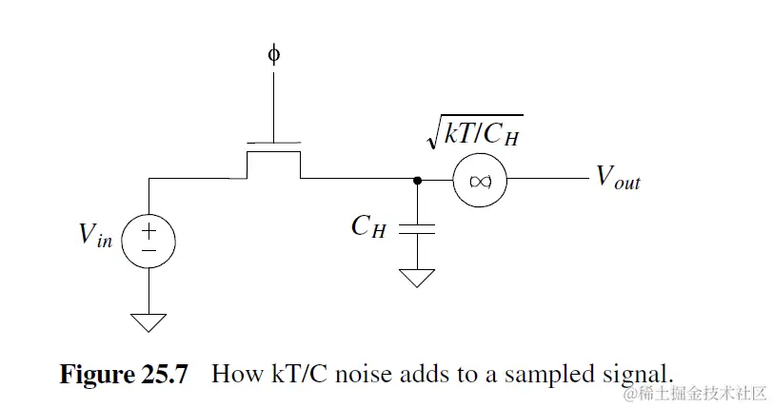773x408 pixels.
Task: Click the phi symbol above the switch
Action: [274, 54]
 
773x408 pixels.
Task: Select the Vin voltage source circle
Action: [149, 237]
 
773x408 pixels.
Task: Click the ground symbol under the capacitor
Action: [416, 278]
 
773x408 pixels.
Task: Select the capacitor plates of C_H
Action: [416, 227]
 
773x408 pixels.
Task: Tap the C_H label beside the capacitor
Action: [368, 226]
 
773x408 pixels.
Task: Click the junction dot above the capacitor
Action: [416, 179]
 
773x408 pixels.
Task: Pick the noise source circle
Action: [479, 179]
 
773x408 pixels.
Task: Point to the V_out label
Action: [618, 177]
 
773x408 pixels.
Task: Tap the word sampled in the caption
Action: [540, 373]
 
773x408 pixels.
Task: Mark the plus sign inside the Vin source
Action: [149, 228]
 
